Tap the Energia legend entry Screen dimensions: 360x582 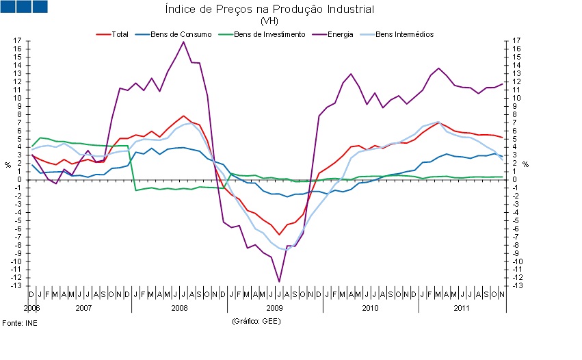pos(340,34)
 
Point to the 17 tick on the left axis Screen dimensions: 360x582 pos(17,41)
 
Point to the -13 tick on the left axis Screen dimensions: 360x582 pos(16,285)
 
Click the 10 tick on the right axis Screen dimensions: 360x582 pos(516,98)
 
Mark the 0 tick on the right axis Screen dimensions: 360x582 pos(514,179)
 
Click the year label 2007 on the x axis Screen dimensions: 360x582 pos(83,309)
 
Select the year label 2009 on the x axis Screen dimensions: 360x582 pos(274,309)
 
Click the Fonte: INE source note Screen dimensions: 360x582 pos(20,322)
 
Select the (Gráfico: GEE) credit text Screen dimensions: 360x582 pos(256,320)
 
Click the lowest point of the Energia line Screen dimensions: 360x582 pos(279,281)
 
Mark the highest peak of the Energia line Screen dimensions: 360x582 pos(183,42)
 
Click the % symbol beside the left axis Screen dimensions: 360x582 pos(8,164)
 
